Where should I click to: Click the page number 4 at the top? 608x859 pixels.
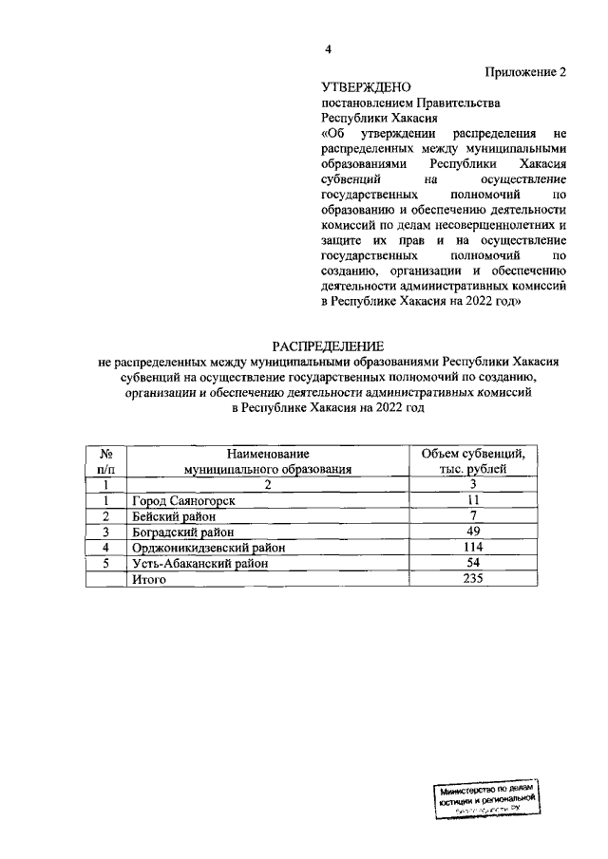tap(327, 50)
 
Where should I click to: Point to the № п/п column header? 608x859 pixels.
tap(107, 461)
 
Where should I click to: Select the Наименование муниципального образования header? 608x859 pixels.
tap(268, 461)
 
